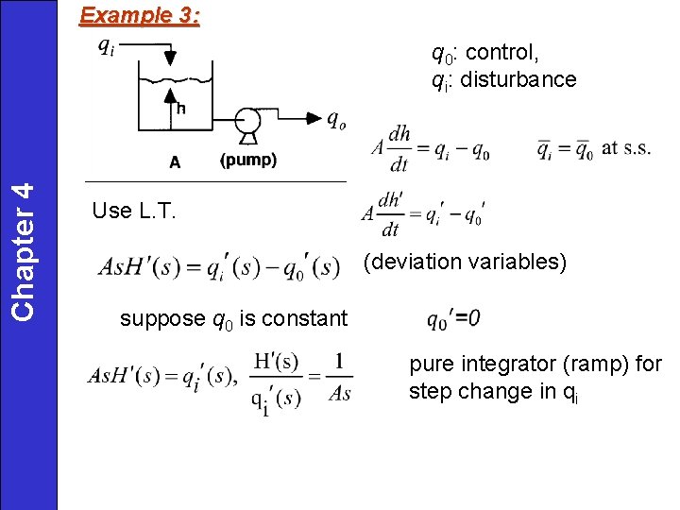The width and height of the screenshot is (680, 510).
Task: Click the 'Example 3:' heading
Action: coord(140,16)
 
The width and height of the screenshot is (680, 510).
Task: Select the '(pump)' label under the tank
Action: coord(248,161)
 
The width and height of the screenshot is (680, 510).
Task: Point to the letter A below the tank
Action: coord(175,161)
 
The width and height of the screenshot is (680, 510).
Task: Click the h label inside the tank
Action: coord(179,108)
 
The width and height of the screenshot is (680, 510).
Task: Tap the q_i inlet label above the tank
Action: coord(107,46)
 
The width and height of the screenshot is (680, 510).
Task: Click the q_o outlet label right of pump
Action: coord(335,119)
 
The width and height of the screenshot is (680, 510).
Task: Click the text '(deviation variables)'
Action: coord(465,262)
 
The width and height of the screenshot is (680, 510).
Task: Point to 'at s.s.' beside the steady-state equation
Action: coord(626,146)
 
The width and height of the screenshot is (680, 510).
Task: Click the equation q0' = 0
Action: coord(452,319)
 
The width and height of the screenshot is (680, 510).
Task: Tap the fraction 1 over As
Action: coord(339,377)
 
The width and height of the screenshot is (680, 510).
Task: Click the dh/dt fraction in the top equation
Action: coord(399,148)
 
